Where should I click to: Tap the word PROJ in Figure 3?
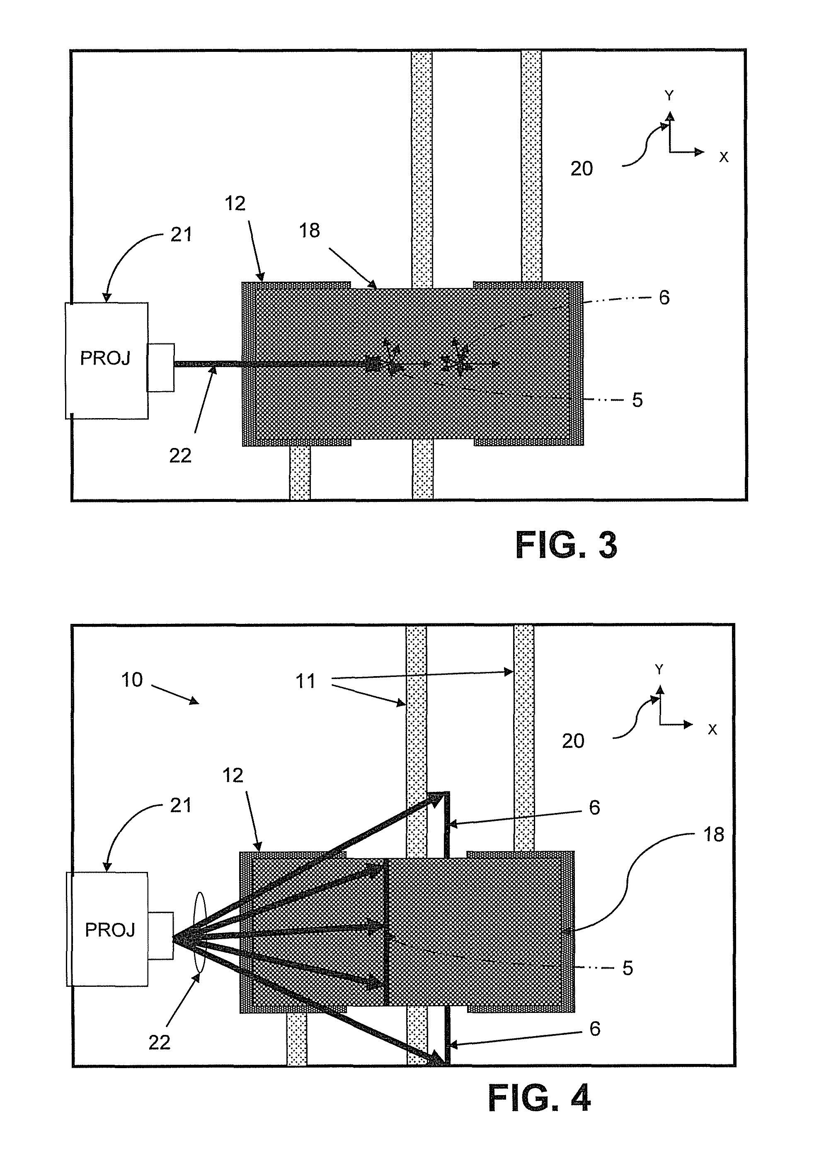coord(105,358)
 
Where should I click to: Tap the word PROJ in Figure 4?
coord(110,930)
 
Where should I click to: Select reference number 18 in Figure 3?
coord(309,231)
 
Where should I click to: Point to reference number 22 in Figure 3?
coord(180,455)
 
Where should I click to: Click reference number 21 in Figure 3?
coord(181,234)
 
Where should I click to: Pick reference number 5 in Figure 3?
coord(637,400)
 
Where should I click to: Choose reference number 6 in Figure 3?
coord(664,298)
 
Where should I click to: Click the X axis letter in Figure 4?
coord(712,730)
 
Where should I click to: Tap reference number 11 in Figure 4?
coord(305,681)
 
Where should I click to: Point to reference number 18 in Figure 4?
coord(714,835)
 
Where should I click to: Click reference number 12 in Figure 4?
coord(233,775)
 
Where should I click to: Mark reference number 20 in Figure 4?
coord(573,741)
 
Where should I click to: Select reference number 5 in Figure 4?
coord(628,968)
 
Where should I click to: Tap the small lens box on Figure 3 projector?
coord(161,367)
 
